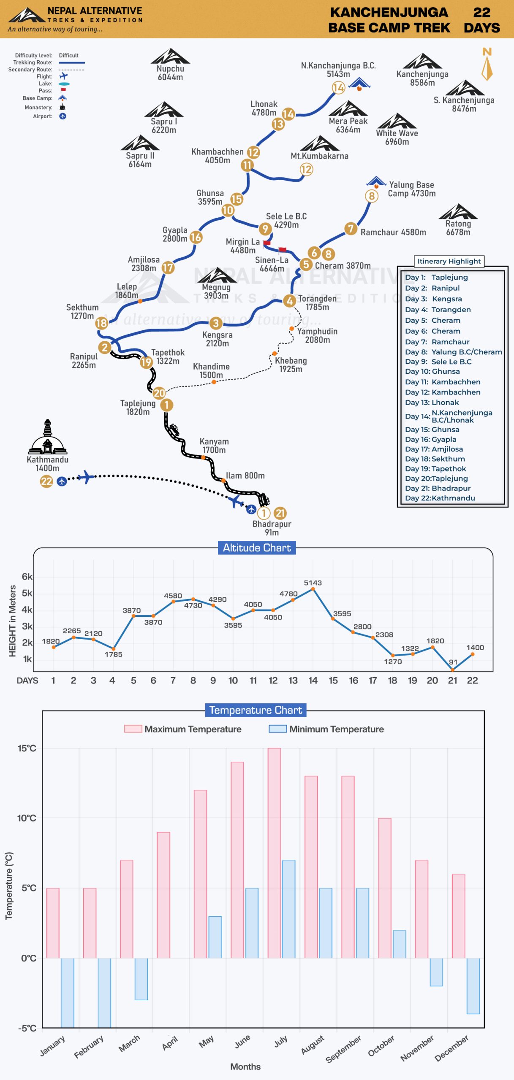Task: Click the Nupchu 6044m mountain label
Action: click(170, 73)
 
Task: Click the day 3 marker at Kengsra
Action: click(216, 323)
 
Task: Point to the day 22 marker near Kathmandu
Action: click(46, 481)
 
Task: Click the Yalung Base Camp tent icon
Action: click(376, 182)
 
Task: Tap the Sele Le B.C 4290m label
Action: click(286, 221)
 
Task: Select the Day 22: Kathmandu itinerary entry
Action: click(440, 498)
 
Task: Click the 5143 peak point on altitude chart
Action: click(313, 589)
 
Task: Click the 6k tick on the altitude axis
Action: click(27, 577)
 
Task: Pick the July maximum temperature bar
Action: click(274, 853)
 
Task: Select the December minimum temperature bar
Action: click(473, 986)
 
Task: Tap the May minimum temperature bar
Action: click(215, 937)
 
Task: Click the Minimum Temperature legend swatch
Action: click(278, 729)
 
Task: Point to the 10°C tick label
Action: click(27, 818)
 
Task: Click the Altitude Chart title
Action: click(257, 548)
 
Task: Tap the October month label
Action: click(381, 1045)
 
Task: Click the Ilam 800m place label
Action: click(245, 475)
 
